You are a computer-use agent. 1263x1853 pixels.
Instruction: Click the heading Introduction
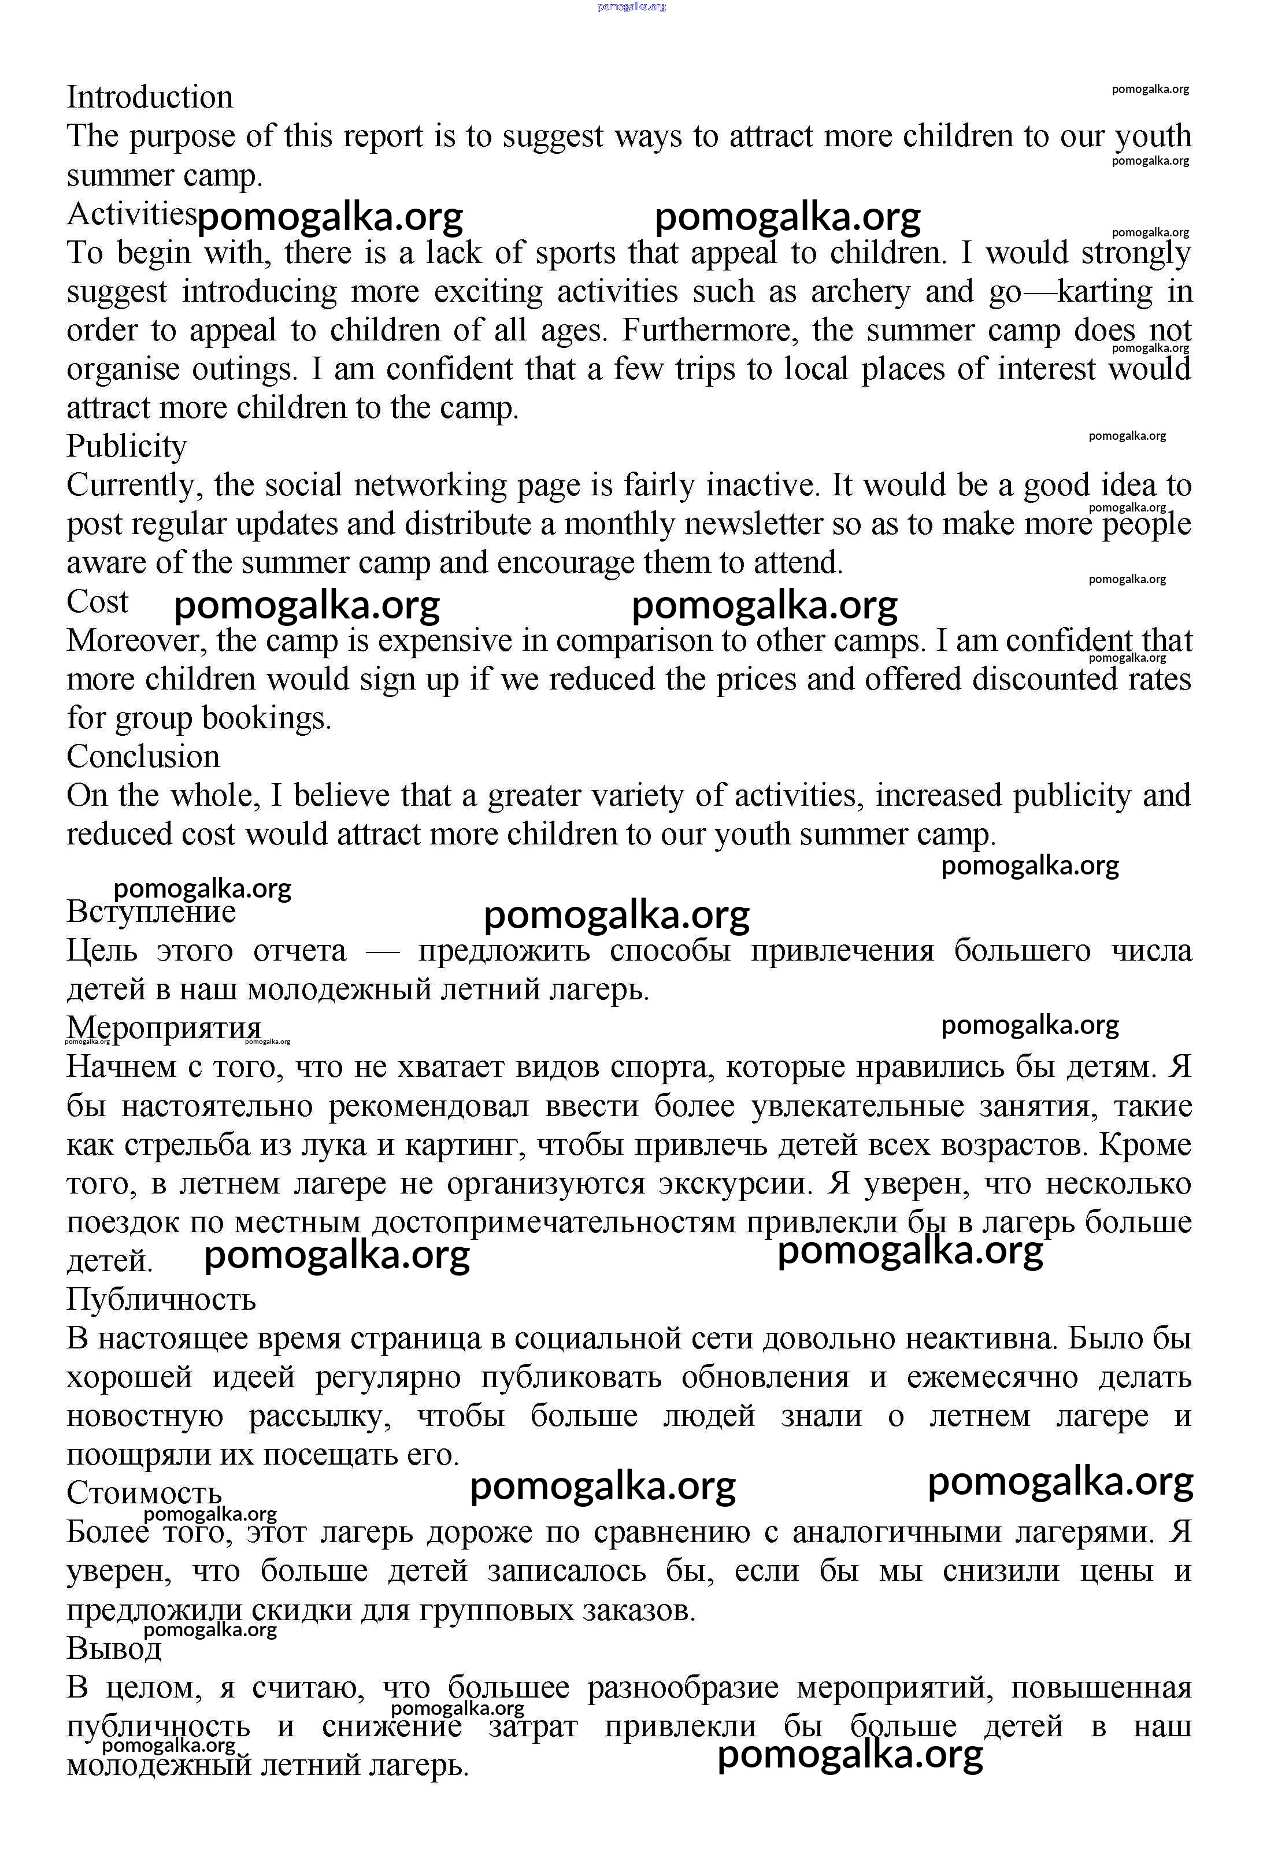pos(150,97)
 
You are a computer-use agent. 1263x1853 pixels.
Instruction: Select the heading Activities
pos(131,214)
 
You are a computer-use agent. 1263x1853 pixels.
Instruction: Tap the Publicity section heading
pos(126,447)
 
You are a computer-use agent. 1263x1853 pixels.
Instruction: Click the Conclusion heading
pos(143,757)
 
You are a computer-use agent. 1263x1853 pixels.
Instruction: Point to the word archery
pos(860,292)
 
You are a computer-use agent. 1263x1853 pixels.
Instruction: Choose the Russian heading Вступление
pos(151,911)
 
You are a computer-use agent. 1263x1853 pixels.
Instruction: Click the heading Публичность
pos(161,1300)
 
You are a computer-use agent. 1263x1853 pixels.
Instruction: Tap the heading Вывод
pos(114,1649)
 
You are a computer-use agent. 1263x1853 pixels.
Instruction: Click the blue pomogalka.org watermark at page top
pos(631,6)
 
